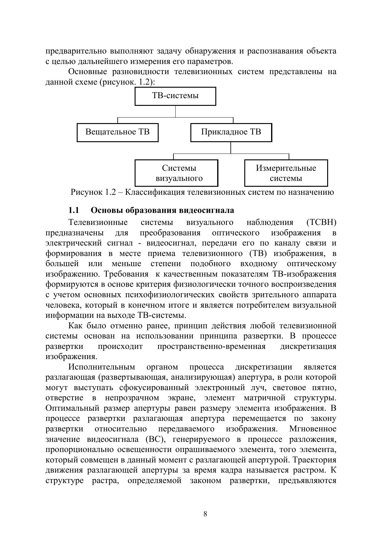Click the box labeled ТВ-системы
coord(175,96)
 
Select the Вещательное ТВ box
coord(117,132)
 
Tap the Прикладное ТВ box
coord(231,132)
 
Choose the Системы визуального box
coord(176,173)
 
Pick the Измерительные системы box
coord(286,173)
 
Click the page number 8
coord(205,514)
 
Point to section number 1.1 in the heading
coord(74,210)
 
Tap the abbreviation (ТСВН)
coord(321,222)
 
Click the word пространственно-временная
coord(211,346)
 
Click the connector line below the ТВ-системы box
coord(176,111)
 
